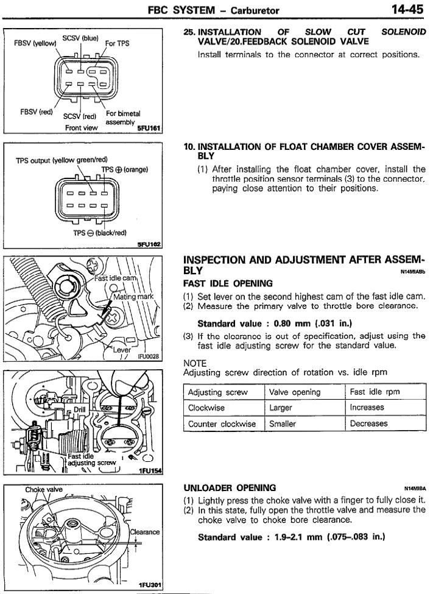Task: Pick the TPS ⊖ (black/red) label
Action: click(100, 232)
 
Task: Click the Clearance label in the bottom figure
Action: click(145, 531)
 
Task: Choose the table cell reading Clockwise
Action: click(206, 408)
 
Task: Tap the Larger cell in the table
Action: click(281, 408)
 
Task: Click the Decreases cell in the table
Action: click(368, 423)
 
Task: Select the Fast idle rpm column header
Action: click(375, 392)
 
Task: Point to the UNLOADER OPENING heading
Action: click(230, 487)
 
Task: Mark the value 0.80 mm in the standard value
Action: click(290, 323)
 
